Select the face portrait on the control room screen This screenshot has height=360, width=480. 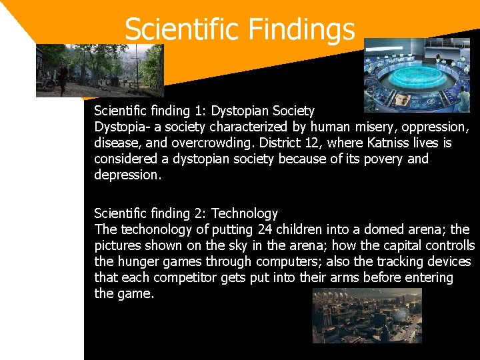[x=403, y=100]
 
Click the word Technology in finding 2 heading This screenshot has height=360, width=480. [x=245, y=213]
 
